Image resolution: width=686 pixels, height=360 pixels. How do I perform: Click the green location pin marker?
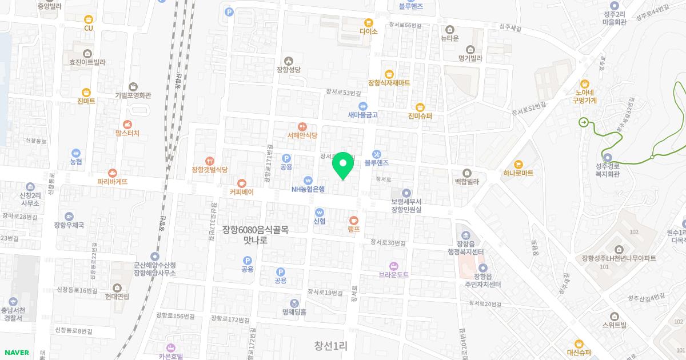tap(343, 165)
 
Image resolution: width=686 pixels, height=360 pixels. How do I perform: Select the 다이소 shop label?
tap(369, 31)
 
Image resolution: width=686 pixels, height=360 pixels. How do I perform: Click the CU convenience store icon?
tap(88, 19)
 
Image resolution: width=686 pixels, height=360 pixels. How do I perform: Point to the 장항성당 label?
tap(288, 70)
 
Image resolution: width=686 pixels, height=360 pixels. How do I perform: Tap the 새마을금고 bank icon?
tap(362, 106)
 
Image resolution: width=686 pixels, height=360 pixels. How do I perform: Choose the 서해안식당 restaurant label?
tap(302, 135)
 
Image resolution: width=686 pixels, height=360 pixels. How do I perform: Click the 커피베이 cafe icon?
tap(241, 183)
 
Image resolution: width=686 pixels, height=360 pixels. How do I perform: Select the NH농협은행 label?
tap(308, 189)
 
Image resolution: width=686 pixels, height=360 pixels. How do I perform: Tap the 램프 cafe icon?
tap(353, 220)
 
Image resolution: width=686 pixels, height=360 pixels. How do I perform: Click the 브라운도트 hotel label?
tap(393, 275)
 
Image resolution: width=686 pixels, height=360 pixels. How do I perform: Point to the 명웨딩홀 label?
tap(294, 312)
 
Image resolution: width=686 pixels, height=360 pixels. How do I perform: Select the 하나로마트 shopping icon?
tap(519, 164)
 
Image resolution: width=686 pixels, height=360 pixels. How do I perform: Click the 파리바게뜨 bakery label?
tap(112, 182)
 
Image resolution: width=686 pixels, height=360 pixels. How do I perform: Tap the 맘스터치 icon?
tap(127, 124)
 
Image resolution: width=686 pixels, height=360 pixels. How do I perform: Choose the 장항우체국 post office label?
tap(69, 225)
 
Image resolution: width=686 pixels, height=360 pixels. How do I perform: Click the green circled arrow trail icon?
tap(583, 121)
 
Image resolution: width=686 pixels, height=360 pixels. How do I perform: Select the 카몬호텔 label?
tap(170, 355)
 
